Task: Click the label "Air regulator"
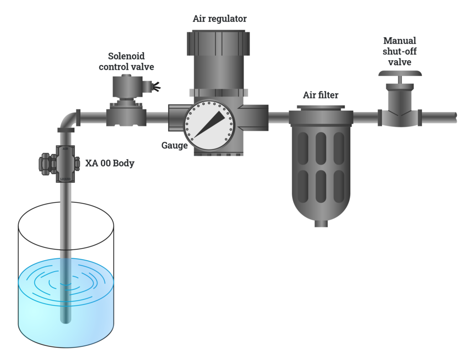(x=219, y=19)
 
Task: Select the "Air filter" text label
(x=321, y=95)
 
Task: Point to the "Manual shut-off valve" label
(x=400, y=51)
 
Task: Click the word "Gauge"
(x=174, y=145)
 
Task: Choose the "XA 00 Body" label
(x=110, y=163)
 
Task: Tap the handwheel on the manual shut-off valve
(x=400, y=73)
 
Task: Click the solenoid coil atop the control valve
(x=128, y=87)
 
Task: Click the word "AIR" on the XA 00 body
(x=65, y=149)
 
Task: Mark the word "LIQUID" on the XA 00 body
(x=65, y=179)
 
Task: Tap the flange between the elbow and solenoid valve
(x=78, y=117)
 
